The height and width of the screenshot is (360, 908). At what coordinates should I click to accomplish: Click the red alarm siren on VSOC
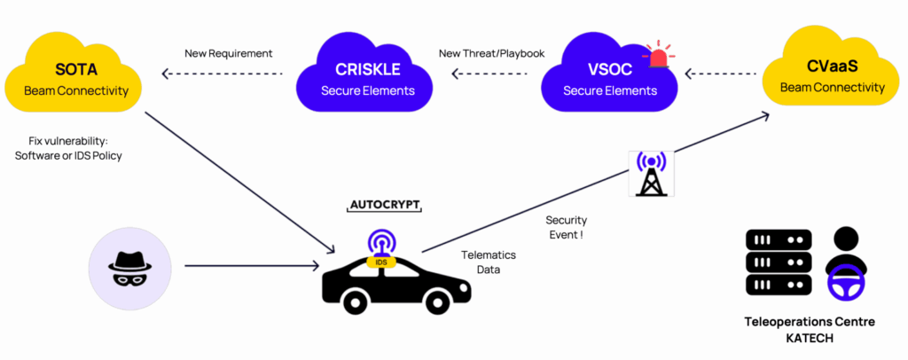[658, 55]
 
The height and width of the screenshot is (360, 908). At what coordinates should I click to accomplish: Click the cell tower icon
[652, 173]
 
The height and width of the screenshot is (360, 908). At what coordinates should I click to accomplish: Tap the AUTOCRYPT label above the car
[383, 206]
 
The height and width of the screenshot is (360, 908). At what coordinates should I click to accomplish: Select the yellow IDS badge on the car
[381, 262]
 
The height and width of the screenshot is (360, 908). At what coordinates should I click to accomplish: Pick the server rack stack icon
[778, 262]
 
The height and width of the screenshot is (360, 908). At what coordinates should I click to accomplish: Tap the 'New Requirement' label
[228, 53]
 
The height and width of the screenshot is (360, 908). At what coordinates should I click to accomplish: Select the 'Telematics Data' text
[488, 262]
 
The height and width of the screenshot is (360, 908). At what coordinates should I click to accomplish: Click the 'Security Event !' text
[566, 227]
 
